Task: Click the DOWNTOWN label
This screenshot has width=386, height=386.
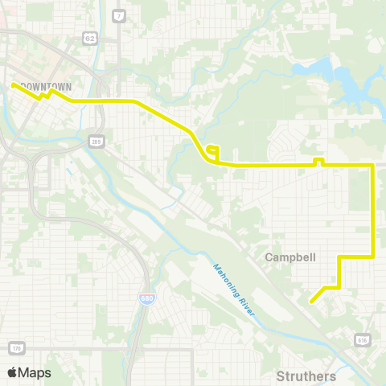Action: pos(46,85)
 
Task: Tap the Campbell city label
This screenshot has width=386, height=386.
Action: pos(290,258)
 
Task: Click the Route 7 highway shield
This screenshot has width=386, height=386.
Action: pos(119,15)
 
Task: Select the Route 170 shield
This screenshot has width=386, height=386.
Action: pos(15,348)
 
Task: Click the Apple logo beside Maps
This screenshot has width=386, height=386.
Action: pos(12,372)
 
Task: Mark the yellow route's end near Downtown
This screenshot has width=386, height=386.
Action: pos(13,84)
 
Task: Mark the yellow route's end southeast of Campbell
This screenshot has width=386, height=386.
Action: pos(311,302)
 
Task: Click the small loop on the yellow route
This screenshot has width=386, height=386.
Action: pos(212,150)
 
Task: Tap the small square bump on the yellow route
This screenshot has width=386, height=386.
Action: pos(318,161)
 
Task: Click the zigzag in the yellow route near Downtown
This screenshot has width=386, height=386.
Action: pos(45,94)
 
